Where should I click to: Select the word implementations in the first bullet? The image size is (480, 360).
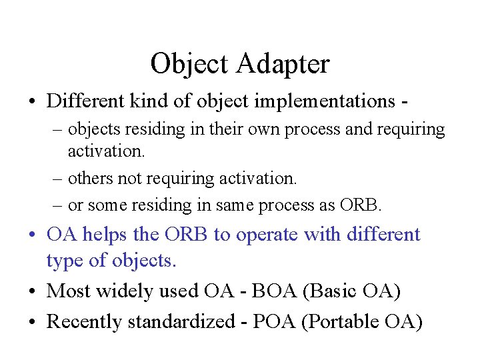tap(321, 101)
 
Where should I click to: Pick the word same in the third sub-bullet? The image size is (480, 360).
tap(225, 205)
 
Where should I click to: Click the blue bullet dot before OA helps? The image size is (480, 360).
tap(33, 235)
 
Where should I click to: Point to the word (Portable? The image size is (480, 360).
tap(341, 322)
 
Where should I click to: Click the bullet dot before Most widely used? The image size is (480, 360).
tap(33, 292)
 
